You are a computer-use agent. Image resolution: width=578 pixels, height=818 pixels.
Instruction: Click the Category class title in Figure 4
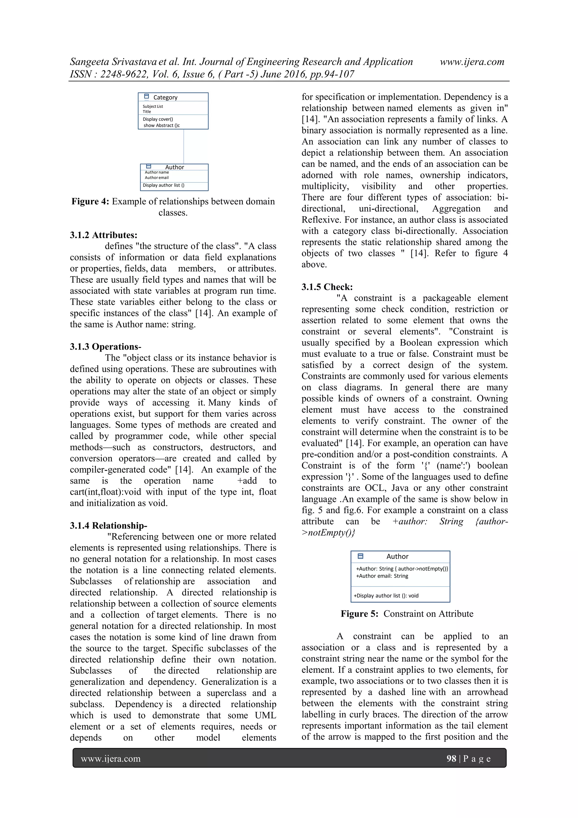[165, 97]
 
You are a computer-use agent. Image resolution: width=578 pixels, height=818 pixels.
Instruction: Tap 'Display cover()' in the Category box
[158, 119]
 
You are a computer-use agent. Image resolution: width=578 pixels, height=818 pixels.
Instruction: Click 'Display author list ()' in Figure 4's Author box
[163, 185]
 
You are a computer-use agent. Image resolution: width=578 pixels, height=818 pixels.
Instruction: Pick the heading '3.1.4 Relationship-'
[108, 525]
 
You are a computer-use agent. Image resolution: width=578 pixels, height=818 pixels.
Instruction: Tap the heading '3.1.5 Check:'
[327, 287]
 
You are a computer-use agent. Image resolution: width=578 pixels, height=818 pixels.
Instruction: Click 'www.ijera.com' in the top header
[472, 62]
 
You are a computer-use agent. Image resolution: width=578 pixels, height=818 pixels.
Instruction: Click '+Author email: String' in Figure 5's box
[382, 576]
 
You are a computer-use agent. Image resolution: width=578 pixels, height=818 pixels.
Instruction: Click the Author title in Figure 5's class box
[397, 556]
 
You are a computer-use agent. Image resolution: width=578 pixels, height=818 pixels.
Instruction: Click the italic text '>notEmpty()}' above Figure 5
[328, 532]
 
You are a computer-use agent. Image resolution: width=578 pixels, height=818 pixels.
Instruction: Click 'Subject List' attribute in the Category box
[153, 106]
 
